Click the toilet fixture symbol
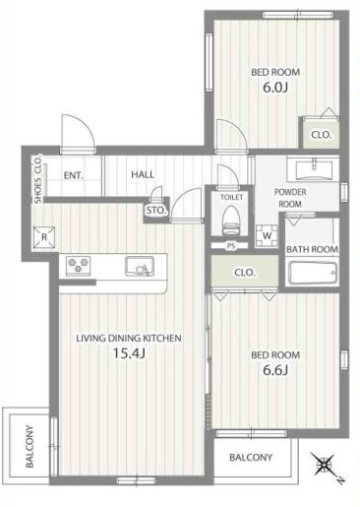pos(231,221)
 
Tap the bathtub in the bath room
pos(313,273)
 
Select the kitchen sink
pos(140,266)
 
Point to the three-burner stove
pos(78,265)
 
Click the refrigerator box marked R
pos(44,237)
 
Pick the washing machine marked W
pos(267,235)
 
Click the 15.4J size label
pos(129,353)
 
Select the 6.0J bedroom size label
pos(275,88)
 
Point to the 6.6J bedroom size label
pos(275,370)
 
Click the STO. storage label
pos(156,211)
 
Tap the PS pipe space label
pos(231,245)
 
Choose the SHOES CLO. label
pos(38,179)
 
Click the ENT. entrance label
pos(74,175)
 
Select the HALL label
pos(143,174)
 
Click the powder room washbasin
pos(313,169)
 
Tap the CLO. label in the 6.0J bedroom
pos(322,135)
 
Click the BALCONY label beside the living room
pos(30,446)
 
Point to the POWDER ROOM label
pos(290,198)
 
